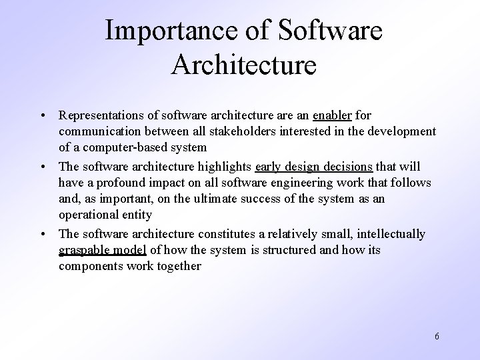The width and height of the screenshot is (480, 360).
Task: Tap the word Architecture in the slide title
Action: coord(243,65)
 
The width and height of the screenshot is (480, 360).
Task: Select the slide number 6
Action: coord(437,336)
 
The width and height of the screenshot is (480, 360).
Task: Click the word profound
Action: coord(120,182)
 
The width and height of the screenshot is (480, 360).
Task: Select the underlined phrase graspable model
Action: coord(102,249)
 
